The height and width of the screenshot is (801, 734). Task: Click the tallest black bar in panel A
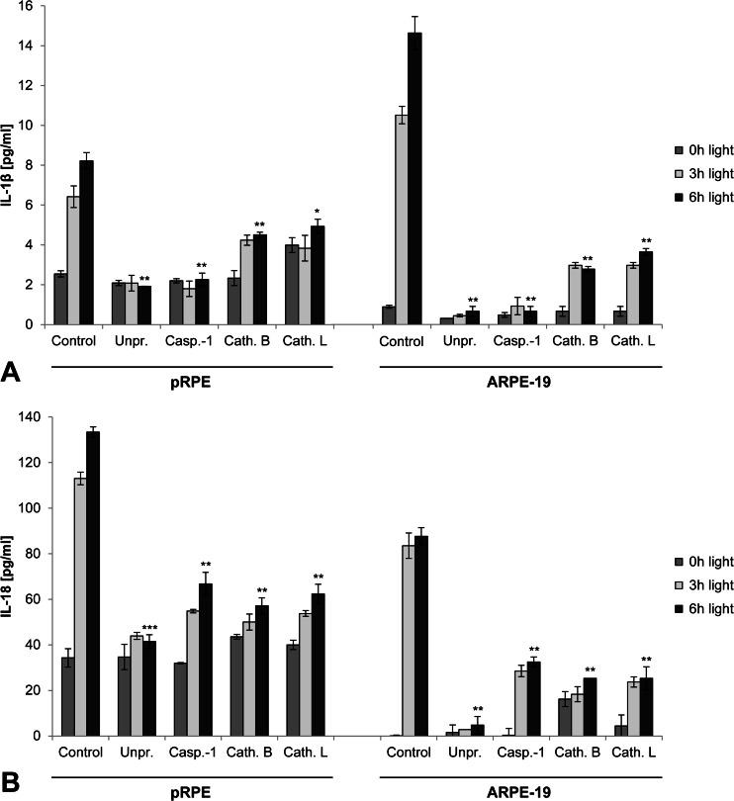tap(415, 178)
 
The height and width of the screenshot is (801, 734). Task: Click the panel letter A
tap(13, 374)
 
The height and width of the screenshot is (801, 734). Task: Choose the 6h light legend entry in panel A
tap(703, 197)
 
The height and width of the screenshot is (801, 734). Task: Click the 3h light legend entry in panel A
tap(703, 173)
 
